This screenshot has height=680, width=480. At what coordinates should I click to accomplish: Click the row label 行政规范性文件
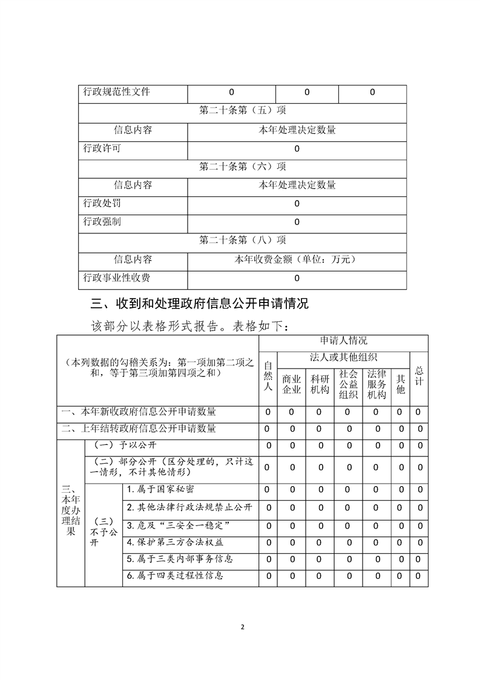[116, 93]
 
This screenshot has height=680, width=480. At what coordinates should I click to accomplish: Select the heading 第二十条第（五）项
[242, 111]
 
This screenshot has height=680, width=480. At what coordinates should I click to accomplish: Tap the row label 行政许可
[102, 148]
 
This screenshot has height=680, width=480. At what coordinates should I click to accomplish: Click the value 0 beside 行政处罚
[297, 204]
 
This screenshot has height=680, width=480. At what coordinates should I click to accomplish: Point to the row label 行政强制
[102, 222]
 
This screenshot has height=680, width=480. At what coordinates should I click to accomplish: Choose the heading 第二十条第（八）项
[242, 241]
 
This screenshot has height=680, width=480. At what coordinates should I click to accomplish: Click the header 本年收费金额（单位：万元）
[297, 259]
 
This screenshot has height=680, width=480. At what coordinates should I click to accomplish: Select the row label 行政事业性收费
[116, 278]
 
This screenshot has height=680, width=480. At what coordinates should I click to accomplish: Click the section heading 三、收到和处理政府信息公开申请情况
[199, 303]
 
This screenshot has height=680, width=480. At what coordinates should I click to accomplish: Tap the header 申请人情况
[343, 341]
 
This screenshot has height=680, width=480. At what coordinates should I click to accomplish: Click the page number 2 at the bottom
[242, 627]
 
